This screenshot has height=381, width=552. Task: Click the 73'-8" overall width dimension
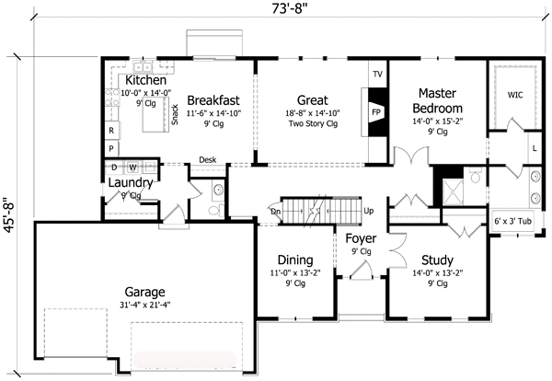(290, 8)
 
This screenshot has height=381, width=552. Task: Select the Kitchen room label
(145, 80)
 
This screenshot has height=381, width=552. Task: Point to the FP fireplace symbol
(376, 112)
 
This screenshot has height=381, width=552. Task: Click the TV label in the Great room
(377, 75)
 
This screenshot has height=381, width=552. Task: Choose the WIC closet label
(514, 95)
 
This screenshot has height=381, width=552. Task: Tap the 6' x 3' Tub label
(513, 221)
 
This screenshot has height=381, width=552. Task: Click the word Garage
(144, 293)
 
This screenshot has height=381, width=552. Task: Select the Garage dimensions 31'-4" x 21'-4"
(144, 305)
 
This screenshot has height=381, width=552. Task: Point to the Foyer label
(361, 238)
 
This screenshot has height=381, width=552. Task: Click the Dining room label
(295, 260)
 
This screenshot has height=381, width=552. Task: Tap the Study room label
(437, 260)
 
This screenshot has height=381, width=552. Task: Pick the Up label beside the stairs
(368, 211)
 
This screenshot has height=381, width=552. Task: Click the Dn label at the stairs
(275, 212)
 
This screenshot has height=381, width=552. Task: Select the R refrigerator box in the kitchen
(111, 131)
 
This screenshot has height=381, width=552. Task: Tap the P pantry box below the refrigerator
(111, 148)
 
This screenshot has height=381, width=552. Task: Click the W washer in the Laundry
(132, 167)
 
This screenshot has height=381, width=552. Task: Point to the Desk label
(208, 160)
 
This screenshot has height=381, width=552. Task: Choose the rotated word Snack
(175, 114)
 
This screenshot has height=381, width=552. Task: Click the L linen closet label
(535, 148)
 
